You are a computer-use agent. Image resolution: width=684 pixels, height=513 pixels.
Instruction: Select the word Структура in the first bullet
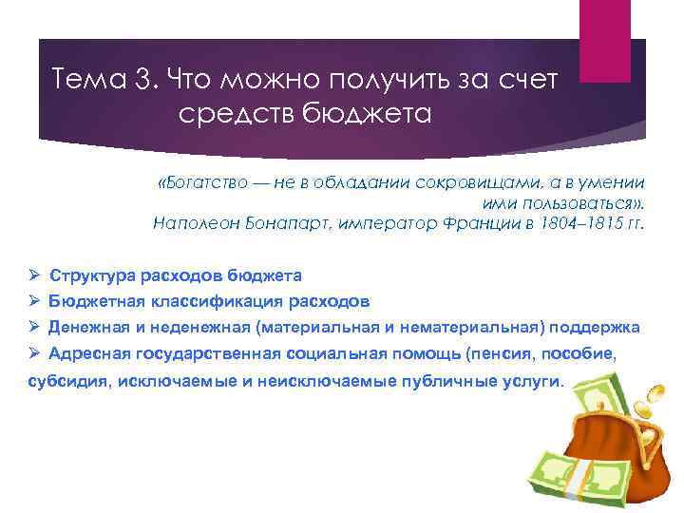click(x=92, y=276)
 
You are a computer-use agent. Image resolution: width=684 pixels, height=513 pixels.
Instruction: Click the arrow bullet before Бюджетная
click(x=32, y=301)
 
